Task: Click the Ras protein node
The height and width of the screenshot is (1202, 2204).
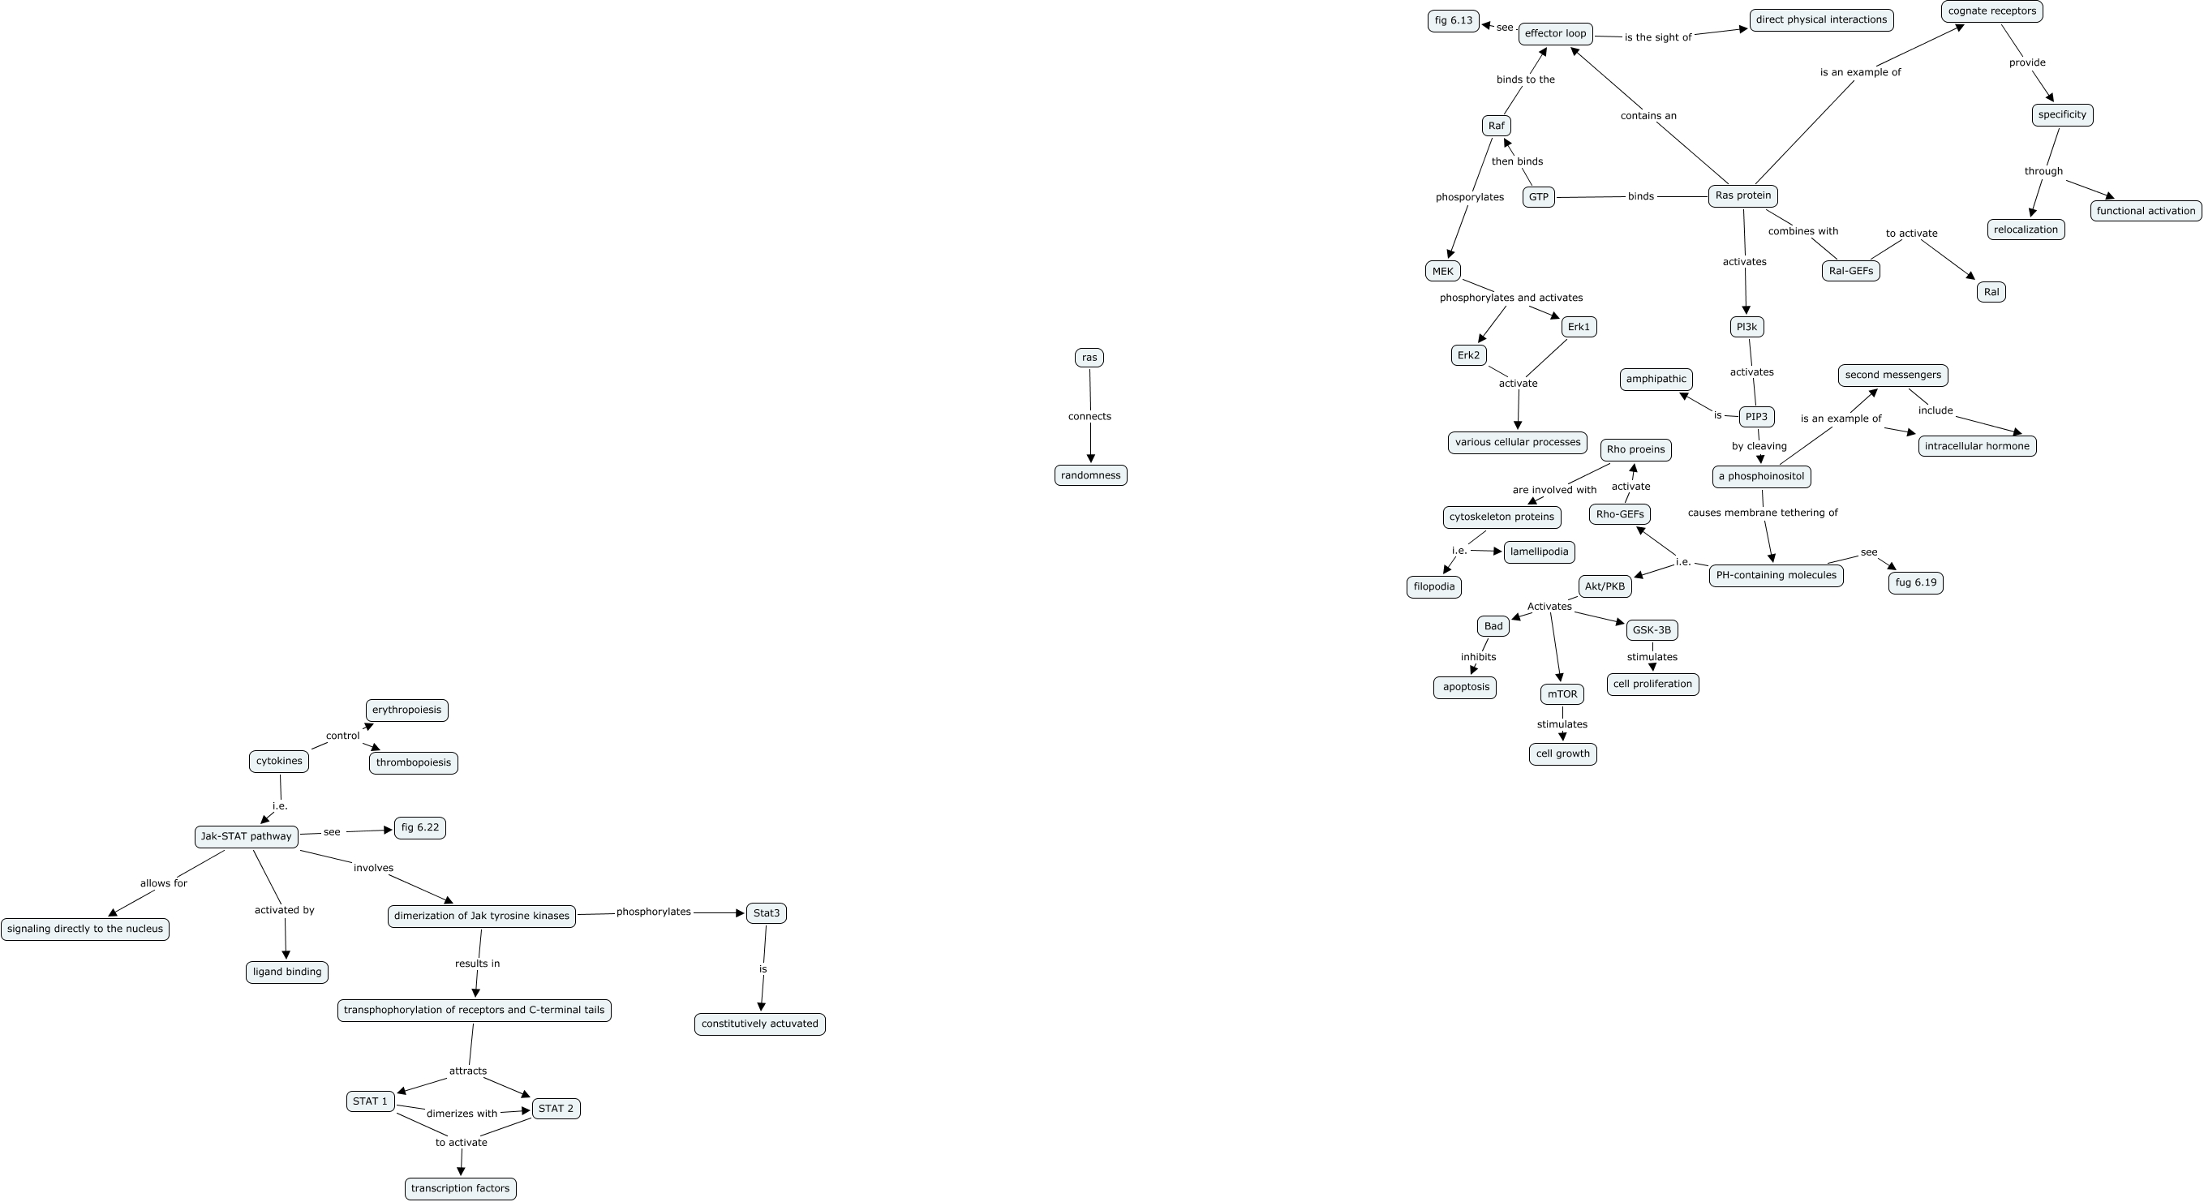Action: pos(1742,196)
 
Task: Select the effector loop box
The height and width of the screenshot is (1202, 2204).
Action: pos(1556,34)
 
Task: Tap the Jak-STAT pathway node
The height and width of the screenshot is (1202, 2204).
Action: pos(247,837)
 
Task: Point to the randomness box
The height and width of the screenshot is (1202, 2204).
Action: pos(1090,475)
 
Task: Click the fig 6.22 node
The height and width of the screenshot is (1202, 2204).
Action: pos(419,828)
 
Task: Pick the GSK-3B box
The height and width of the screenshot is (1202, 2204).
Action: pos(1652,630)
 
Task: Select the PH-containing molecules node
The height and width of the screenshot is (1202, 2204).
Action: pos(1777,576)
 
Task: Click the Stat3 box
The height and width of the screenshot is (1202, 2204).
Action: pos(766,914)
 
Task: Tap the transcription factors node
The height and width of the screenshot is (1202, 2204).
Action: pos(460,1188)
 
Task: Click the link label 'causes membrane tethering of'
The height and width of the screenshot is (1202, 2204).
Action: pos(1763,513)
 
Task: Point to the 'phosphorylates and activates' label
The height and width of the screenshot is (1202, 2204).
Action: pos(1511,298)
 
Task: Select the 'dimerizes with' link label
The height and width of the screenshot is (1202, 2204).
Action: pos(462,1114)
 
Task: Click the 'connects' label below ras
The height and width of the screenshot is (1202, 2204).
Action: pos(1089,417)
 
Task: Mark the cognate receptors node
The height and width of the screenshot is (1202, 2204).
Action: pos(1991,11)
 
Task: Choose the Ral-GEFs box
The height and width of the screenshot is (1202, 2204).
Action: pos(1850,271)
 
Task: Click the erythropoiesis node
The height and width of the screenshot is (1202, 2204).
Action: pos(406,710)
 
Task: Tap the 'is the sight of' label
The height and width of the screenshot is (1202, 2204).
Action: pos(1657,37)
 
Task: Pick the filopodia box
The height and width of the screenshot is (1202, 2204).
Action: pos(1434,587)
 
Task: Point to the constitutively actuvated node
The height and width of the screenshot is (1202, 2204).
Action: pos(760,1024)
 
